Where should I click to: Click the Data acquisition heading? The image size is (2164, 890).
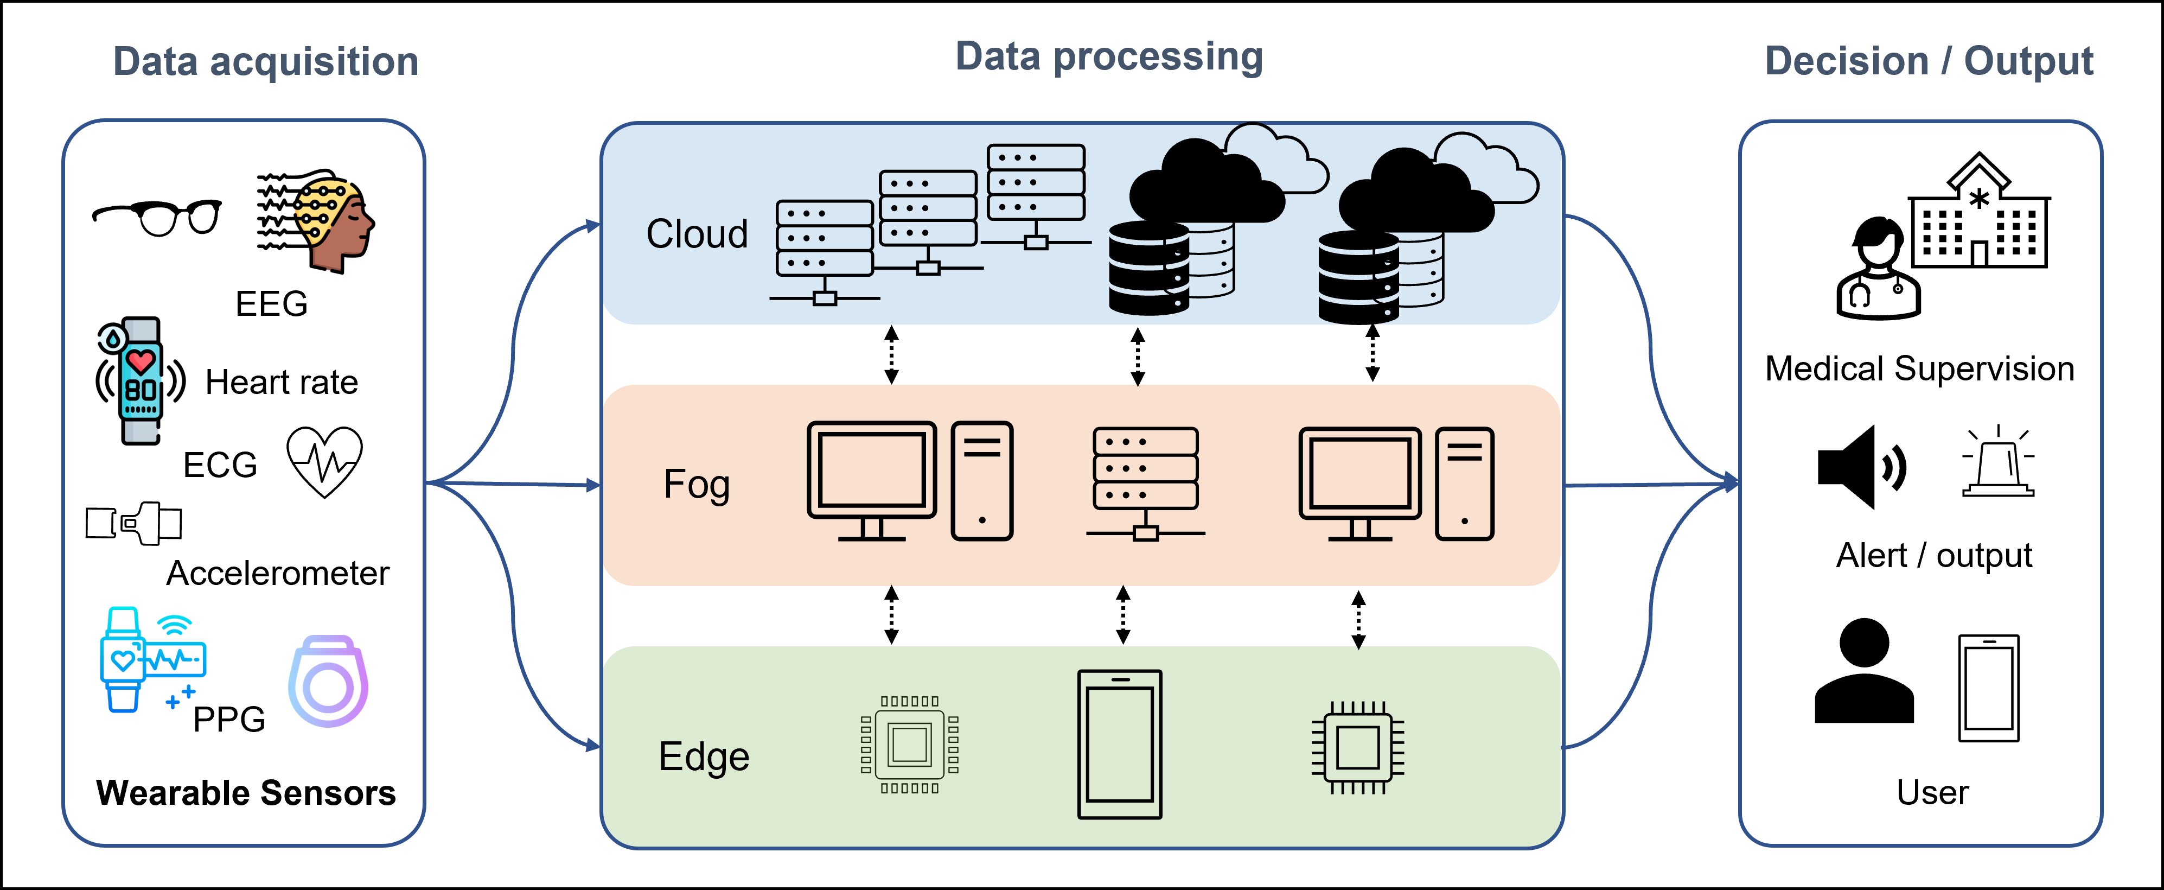tap(265, 62)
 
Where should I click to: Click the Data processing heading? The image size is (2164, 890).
tap(1109, 57)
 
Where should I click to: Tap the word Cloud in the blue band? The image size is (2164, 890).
tap(697, 234)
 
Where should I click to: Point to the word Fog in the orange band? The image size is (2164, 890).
tap(697, 485)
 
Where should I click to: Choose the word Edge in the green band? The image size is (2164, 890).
tap(703, 756)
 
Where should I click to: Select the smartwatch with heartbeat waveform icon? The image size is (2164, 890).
tap(151, 660)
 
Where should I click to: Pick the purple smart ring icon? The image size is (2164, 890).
tap(328, 682)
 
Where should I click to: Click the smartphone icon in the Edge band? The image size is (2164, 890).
tap(1119, 744)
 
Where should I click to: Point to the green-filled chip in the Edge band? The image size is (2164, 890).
tap(910, 745)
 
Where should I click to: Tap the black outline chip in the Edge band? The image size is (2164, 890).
tap(1357, 747)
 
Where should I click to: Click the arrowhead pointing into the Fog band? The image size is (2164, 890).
tap(593, 485)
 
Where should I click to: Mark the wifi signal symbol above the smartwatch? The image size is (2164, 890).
tap(175, 626)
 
